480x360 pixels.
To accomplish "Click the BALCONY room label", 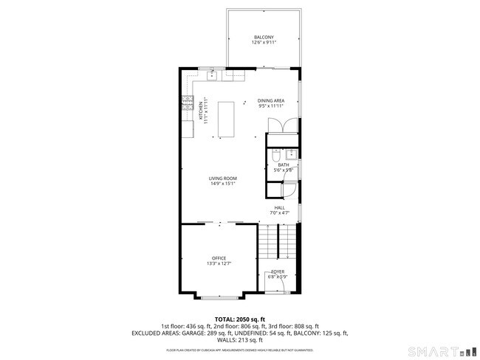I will point(264,37).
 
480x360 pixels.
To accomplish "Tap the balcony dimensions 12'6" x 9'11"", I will point(264,43).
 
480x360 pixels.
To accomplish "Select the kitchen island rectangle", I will point(224,119).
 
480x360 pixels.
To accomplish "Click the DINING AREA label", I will point(271,100).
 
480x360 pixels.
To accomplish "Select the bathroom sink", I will point(291,154).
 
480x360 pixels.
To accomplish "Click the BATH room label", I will point(284,165).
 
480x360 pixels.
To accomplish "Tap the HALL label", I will point(280,208).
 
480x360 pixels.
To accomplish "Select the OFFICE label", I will point(219,258).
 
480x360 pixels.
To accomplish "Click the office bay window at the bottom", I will point(219,297).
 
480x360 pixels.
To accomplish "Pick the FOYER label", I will point(278,272).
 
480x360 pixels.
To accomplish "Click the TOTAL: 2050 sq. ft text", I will point(240,319).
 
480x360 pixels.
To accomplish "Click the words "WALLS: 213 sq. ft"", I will point(240,340).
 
